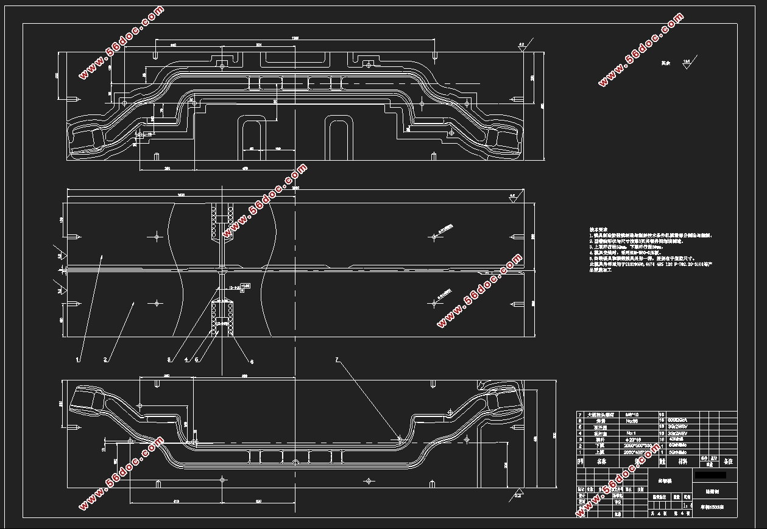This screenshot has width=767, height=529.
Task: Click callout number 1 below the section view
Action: point(78,359)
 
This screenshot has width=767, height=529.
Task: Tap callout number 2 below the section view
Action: point(105,359)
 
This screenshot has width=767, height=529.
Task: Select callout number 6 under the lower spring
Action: point(252,362)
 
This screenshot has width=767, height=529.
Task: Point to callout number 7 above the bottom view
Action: point(336,360)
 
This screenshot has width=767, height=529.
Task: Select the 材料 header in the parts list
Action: point(683,462)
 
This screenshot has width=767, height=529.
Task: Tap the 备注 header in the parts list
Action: point(727,462)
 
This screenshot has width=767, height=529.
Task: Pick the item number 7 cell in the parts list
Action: point(580,414)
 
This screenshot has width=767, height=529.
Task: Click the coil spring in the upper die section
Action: point(213,222)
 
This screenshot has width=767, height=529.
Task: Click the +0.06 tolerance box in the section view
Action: point(245,286)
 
